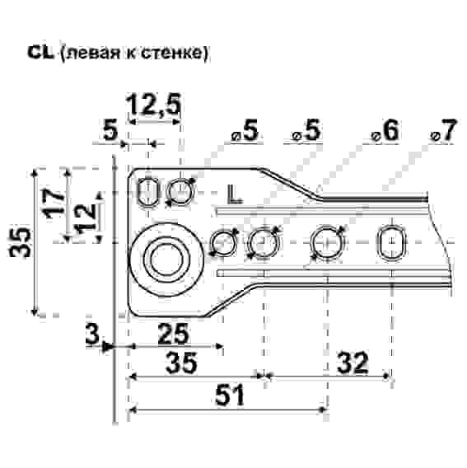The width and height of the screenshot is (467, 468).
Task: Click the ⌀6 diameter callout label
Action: tap(385, 132)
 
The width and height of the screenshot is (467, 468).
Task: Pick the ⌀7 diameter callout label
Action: tap(442, 132)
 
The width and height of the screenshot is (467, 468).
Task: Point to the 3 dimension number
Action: tap(93, 334)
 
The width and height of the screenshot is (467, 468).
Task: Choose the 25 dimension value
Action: tap(171, 335)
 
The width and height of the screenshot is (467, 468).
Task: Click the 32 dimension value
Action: tap(348, 363)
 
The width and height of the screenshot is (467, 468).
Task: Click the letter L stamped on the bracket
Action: tap(235, 194)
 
